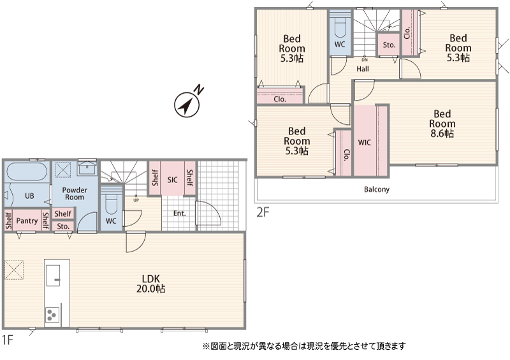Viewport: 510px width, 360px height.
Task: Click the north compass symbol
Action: (x=187, y=103)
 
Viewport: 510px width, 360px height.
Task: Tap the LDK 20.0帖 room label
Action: (x=150, y=284)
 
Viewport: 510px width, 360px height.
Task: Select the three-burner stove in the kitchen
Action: (x=52, y=315)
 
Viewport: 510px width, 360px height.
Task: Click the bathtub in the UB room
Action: (x=27, y=171)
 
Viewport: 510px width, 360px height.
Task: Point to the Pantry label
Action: (x=27, y=221)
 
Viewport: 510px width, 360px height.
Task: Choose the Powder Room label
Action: (x=75, y=194)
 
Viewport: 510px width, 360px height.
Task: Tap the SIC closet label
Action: (x=172, y=180)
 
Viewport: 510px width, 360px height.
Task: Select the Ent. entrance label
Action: (x=180, y=213)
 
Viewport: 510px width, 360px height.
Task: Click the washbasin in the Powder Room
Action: (x=87, y=168)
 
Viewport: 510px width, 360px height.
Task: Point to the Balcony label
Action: (x=377, y=189)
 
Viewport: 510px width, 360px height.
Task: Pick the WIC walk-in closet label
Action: (x=364, y=143)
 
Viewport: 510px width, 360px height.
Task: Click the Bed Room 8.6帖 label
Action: (x=442, y=124)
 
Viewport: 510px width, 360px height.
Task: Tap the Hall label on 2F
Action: (x=363, y=69)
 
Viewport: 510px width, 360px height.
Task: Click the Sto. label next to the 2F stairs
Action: (x=389, y=45)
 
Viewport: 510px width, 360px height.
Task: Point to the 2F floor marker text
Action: (x=263, y=212)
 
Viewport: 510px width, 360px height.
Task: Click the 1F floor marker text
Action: (x=7, y=340)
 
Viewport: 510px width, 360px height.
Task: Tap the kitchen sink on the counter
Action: (x=53, y=275)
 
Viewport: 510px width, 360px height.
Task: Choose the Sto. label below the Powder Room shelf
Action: (x=63, y=226)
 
